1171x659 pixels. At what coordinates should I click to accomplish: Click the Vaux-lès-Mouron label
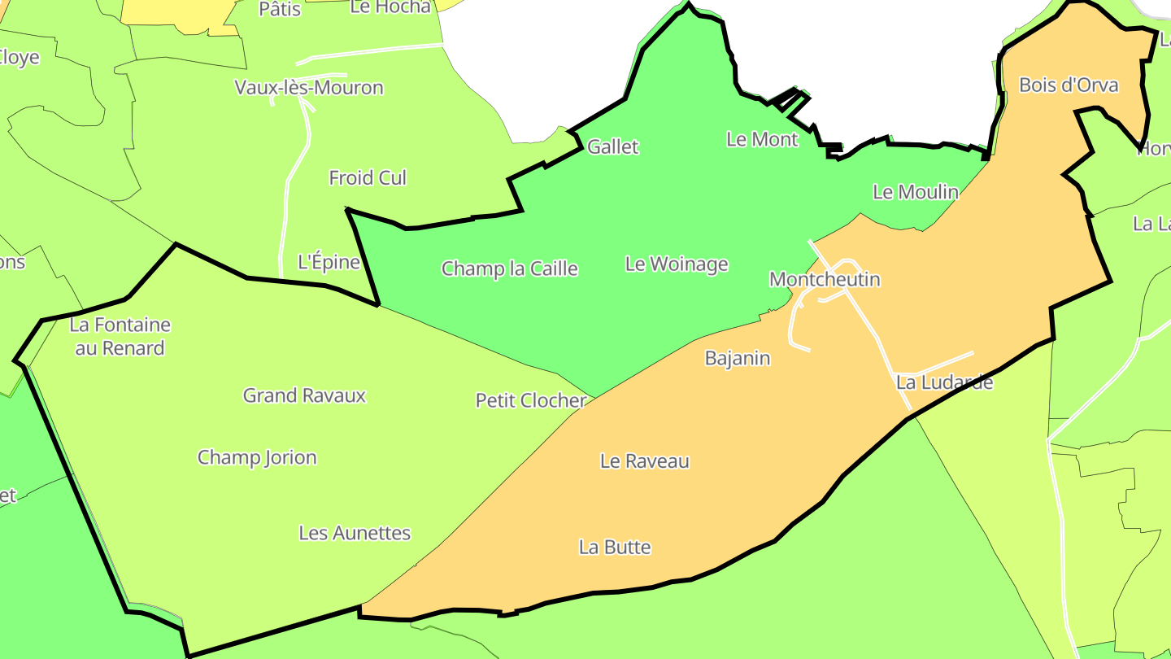tap(309, 87)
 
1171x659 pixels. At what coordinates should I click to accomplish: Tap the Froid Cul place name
tap(368, 177)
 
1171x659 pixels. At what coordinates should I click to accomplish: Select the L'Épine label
tap(329, 262)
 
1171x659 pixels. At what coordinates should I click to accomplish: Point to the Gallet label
tap(613, 147)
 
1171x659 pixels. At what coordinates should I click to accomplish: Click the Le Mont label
tap(762, 139)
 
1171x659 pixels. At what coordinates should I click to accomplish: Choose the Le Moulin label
tap(916, 192)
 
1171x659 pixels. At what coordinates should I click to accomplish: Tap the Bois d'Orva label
tap(1069, 85)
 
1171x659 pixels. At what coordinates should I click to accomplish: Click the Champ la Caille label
tap(510, 268)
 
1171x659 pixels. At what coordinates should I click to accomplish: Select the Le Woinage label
tap(677, 264)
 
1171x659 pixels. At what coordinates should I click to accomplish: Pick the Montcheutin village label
tap(825, 279)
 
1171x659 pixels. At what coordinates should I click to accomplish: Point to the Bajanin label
tap(738, 358)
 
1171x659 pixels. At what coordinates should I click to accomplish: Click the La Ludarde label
tap(944, 382)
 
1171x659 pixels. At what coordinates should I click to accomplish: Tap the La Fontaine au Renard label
tap(120, 336)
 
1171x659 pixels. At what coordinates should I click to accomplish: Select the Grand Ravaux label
tap(305, 395)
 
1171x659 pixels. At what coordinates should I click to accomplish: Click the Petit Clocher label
tap(531, 400)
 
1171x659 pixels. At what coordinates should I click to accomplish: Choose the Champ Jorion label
tap(257, 457)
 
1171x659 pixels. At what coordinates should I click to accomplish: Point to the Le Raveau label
tap(645, 461)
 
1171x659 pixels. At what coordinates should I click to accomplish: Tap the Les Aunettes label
tap(355, 533)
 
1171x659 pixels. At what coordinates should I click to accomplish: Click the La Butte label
tap(615, 547)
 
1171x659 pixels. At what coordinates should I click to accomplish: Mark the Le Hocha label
tap(390, 7)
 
